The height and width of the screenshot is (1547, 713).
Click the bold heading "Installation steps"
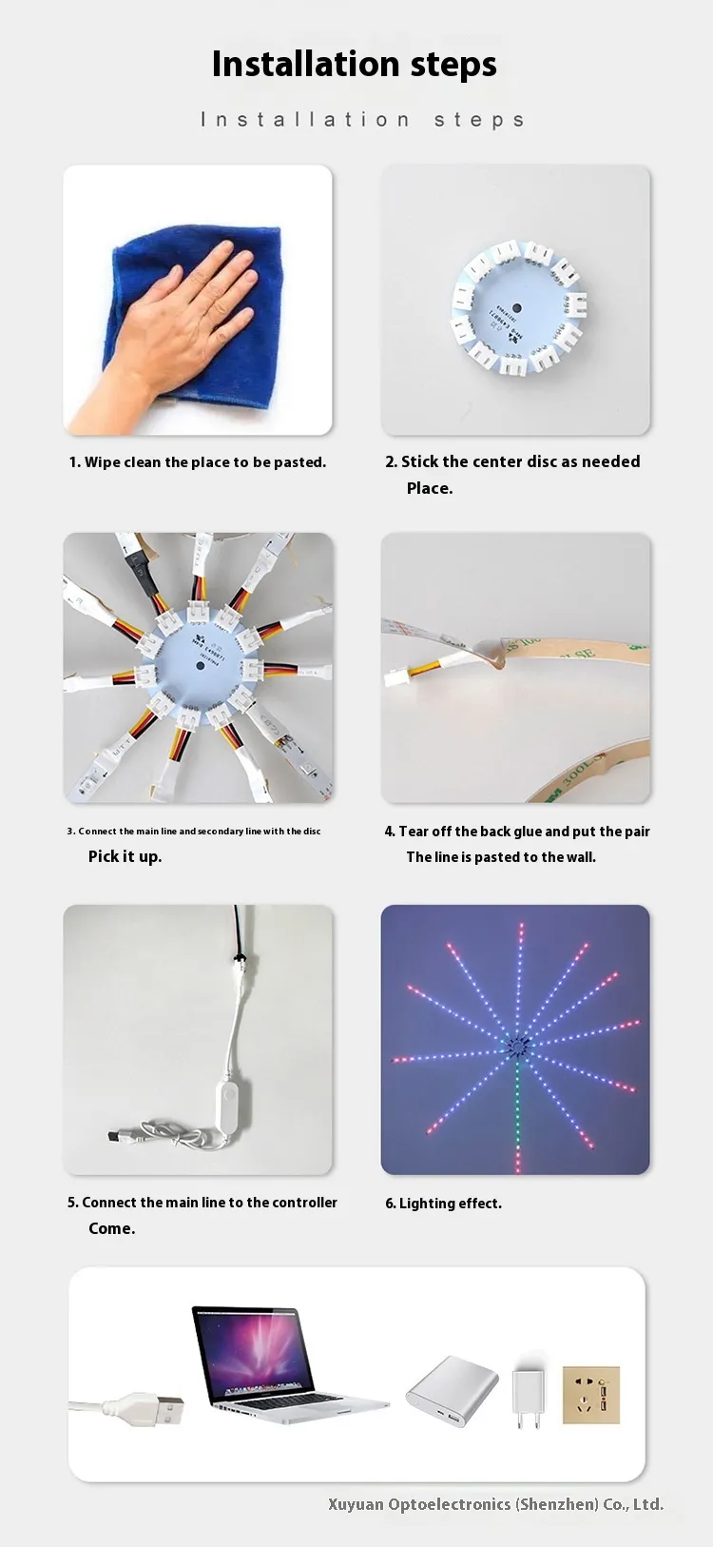354,65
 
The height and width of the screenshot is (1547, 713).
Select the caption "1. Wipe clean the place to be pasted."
198,462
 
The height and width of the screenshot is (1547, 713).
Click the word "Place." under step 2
430,488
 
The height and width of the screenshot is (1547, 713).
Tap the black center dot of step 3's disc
201,666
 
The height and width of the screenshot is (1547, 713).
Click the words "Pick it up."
125,856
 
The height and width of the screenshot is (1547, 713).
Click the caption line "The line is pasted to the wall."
501,857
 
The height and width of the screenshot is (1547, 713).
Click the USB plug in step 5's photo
115,1135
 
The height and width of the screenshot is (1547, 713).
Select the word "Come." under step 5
112,1228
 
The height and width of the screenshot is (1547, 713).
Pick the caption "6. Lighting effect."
443,1204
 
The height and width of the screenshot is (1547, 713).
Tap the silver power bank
452,1390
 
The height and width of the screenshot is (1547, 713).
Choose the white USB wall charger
528,1392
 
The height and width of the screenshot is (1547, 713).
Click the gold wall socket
590,1395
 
